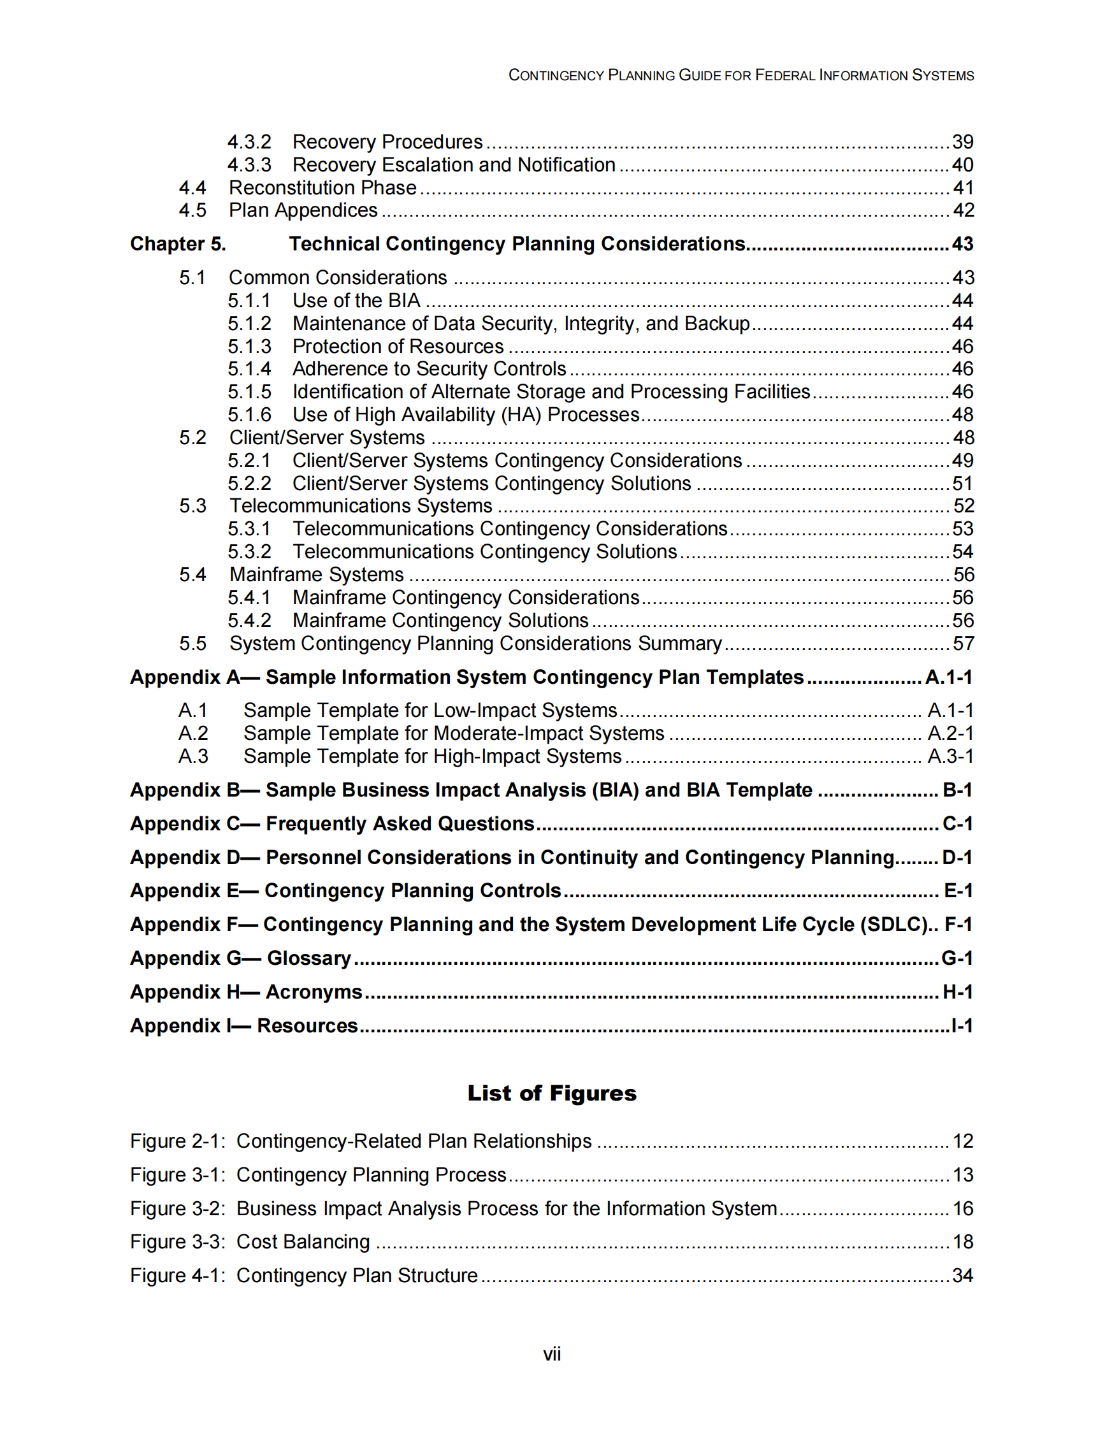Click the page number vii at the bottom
click(551, 1354)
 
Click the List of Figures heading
click(551, 1093)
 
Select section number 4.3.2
click(249, 141)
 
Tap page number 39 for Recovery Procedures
click(962, 141)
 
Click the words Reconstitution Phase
click(322, 187)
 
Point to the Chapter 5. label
click(178, 243)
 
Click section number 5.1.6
click(249, 414)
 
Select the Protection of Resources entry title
click(398, 346)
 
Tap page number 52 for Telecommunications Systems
click(963, 505)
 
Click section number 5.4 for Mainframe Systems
click(192, 574)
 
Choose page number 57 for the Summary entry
click(963, 643)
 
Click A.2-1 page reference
click(951, 733)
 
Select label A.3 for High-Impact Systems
click(193, 756)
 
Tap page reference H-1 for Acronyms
click(957, 992)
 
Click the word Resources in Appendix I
click(307, 1025)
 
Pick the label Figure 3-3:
click(177, 1241)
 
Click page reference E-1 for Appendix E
click(958, 890)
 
